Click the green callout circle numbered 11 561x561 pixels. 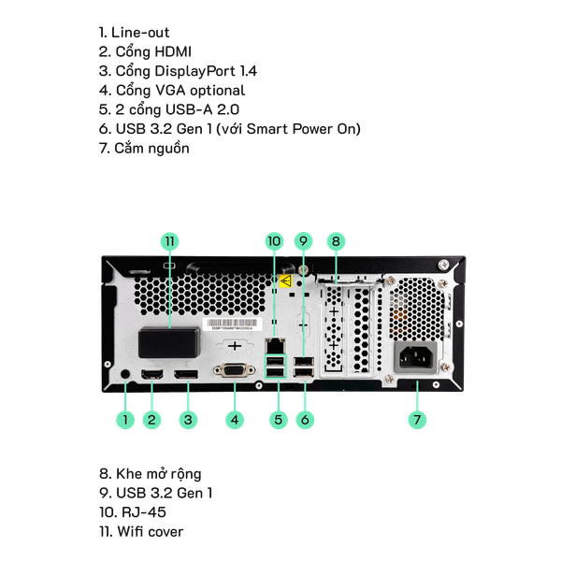click(x=169, y=241)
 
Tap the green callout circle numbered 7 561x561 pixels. click(x=417, y=419)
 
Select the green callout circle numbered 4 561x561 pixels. click(x=235, y=419)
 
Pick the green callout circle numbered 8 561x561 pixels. click(x=336, y=241)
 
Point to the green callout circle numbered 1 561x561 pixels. click(x=125, y=419)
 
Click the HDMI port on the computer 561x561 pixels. click(x=152, y=374)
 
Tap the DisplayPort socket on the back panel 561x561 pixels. click(x=186, y=374)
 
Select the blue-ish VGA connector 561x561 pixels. click(x=235, y=370)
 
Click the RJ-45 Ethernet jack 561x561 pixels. click(x=275, y=346)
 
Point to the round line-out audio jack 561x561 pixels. click(x=125, y=374)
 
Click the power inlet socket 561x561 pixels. click(x=416, y=358)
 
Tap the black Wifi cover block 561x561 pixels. click(x=169, y=342)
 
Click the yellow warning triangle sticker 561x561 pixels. click(x=285, y=281)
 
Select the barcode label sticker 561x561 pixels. click(x=233, y=324)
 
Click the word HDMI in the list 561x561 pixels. click(x=173, y=51)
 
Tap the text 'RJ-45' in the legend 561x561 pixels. click(x=144, y=512)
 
